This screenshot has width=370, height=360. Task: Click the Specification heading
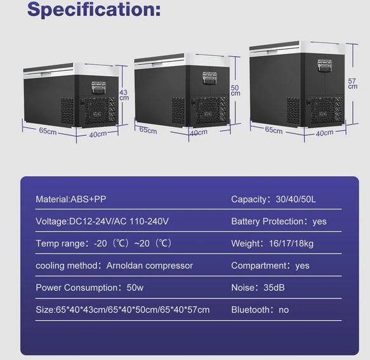(x=94, y=10)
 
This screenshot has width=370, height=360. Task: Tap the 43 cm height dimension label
(x=124, y=95)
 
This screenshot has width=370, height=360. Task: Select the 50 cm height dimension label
(x=235, y=90)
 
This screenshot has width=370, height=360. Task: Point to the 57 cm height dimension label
(x=352, y=84)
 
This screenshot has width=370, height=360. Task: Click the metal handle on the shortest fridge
(x=98, y=88)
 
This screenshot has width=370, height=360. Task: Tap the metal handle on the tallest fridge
(x=325, y=65)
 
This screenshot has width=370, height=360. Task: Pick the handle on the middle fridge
(x=209, y=78)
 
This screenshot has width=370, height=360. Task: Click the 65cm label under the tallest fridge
(x=274, y=130)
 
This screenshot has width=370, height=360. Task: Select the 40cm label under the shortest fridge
(x=98, y=134)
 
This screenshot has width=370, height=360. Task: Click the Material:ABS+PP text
(x=71, y=199)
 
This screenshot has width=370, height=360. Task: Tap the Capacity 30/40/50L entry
(x=274, y=199)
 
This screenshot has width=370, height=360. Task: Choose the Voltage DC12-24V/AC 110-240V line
(x=102, y=222)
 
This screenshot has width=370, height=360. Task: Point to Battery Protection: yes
(x=279, y=222)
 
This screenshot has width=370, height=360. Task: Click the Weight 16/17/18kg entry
(x=272, y=244)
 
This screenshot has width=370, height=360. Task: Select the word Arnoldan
(x=124, y=265)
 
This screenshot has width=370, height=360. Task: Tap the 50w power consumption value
(x=135, y=288)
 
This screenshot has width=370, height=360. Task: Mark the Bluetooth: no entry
(x=260, y=310)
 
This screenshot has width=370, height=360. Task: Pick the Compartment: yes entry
(x=270, y=265)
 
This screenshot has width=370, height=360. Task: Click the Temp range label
(x=60, y=244)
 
